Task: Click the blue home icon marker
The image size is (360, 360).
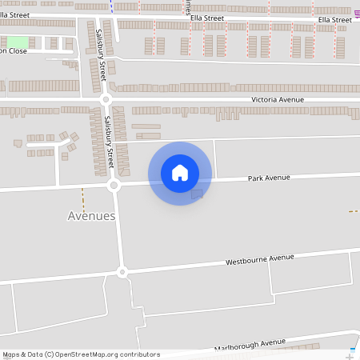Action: (180, 173)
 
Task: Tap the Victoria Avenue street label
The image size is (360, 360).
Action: (278, 99)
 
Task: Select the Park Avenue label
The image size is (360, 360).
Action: (269, 178)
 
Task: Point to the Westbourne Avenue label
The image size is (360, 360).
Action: (260, 259)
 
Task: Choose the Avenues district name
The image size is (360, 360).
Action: (91, 216)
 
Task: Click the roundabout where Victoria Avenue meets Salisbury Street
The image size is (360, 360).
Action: (106, 100)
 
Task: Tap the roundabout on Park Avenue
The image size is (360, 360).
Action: (114, 186)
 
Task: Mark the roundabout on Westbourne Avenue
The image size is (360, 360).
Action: (122, 272)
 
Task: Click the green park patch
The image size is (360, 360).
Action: (18, 42)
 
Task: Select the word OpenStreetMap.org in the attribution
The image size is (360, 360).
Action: (108, 354)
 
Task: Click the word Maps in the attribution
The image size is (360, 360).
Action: (12, 354)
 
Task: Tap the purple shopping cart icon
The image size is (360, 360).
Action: (356, 16)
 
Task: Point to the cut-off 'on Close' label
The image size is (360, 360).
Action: (14, 51)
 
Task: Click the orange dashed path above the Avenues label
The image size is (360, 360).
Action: (82, 198)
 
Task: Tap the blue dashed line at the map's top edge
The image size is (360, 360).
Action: (112, 5)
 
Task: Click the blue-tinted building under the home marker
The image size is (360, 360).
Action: (197, 194)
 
